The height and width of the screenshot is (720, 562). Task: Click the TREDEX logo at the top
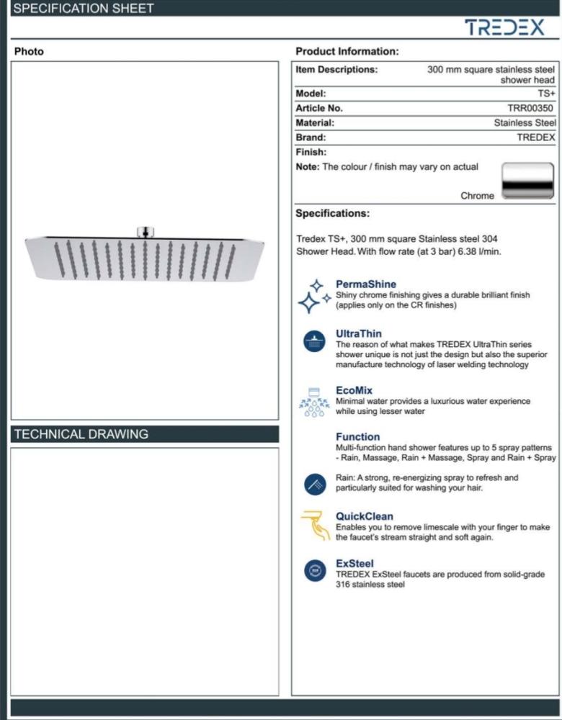coord(504,27)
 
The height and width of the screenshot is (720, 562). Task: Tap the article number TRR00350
coord(530,108)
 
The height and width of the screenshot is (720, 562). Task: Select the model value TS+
coord(546,94)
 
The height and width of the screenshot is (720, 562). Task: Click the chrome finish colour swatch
coord(528,180)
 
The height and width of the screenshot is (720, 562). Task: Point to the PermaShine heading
coord(366,284)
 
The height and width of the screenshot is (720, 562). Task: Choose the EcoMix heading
coord(354,390)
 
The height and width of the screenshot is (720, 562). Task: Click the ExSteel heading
coord(354,563)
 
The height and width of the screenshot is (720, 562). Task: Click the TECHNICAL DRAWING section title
coord(81,434)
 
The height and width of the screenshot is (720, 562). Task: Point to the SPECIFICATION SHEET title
coord(84,9)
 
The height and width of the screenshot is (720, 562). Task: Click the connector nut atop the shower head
coord(144,232)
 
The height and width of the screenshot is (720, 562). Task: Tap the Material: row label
coord(315,123)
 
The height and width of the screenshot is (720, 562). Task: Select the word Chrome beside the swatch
coord(477,196)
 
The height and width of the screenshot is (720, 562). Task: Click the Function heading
coord(357,436)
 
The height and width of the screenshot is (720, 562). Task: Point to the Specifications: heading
coord(332,213)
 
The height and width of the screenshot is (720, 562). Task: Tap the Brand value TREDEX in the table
coord(536,138)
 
